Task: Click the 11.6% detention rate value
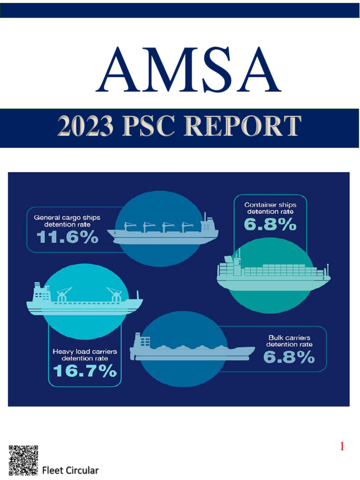[67, 238]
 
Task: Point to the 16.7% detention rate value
[84, 371]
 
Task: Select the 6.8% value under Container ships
[270, 225]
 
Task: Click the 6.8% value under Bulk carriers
[289, 358]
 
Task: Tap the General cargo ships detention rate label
[67, 221]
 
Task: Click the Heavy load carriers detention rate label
[84, 355]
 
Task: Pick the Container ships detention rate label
[270, 208]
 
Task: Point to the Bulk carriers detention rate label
[289, 341]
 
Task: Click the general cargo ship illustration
[163, 230]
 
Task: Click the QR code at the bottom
[23, 460]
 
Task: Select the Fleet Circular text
[70, 470]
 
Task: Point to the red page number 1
[342, 447]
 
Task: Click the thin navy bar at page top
[180, 10]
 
